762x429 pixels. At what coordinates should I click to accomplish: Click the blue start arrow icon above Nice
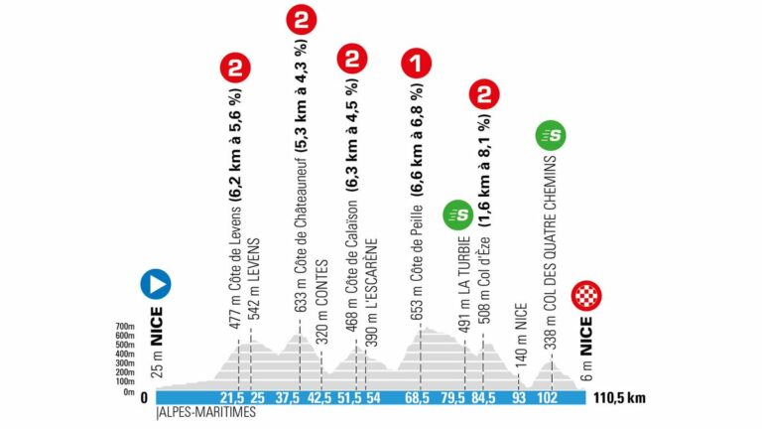(x=156, y=285)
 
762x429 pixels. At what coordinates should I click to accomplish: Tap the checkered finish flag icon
(x=587, y=296)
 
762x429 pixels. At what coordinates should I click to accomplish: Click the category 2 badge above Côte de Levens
(x=235, y=68)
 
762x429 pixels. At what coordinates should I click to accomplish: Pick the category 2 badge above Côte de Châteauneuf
(x=300, y=20)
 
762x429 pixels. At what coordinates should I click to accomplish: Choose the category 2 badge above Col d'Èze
(x=483, y=95)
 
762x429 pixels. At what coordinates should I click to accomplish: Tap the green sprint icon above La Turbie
(x=457, y=213)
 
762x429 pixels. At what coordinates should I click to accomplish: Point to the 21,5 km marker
(x=236, y=398)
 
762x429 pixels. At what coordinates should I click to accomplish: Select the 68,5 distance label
(x=418, y=398)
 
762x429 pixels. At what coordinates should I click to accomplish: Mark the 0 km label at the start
(x=145, y=398)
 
